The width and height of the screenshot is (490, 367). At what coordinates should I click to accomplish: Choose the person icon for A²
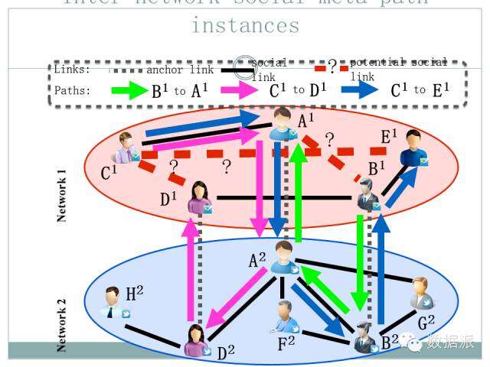point(285,256)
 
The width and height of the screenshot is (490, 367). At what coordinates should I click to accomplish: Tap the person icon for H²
point(114,302)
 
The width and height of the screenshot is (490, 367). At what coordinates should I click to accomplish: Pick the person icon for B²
point(365,335)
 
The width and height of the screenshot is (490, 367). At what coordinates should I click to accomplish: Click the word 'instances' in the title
point(245,25)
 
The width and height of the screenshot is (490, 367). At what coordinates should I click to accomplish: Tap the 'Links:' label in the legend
point(73,70)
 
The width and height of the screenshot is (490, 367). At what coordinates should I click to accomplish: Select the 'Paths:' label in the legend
point(73,90)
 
